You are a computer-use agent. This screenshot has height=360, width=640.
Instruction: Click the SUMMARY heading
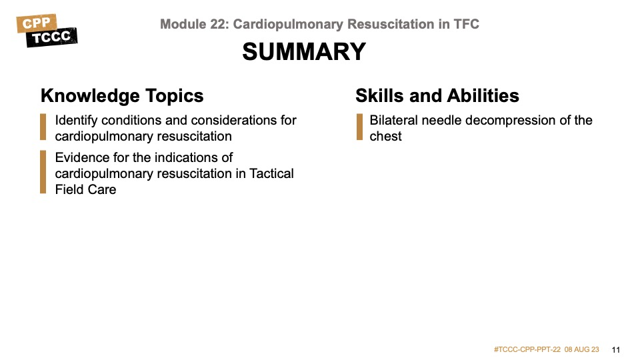(304, 51)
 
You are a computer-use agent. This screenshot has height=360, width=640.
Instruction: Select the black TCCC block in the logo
(52, 37)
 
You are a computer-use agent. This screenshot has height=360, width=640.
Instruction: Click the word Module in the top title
(182, 24)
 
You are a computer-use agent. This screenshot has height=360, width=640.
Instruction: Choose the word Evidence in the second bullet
(83, 158)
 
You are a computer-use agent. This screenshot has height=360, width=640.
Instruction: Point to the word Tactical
(271, 173)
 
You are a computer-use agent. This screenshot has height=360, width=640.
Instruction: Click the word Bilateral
(393, 121)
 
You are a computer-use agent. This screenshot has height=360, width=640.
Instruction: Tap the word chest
(386, 136)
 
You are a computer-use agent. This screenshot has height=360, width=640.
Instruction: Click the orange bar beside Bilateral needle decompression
(359, 128)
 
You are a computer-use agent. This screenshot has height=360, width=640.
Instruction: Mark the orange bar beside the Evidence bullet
(43, 173)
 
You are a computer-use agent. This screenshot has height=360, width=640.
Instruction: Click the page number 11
(615, 349)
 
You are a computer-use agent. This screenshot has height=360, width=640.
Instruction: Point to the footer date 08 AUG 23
(582, 349)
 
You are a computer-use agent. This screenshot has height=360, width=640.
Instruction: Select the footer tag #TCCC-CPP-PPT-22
(527, 349)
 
